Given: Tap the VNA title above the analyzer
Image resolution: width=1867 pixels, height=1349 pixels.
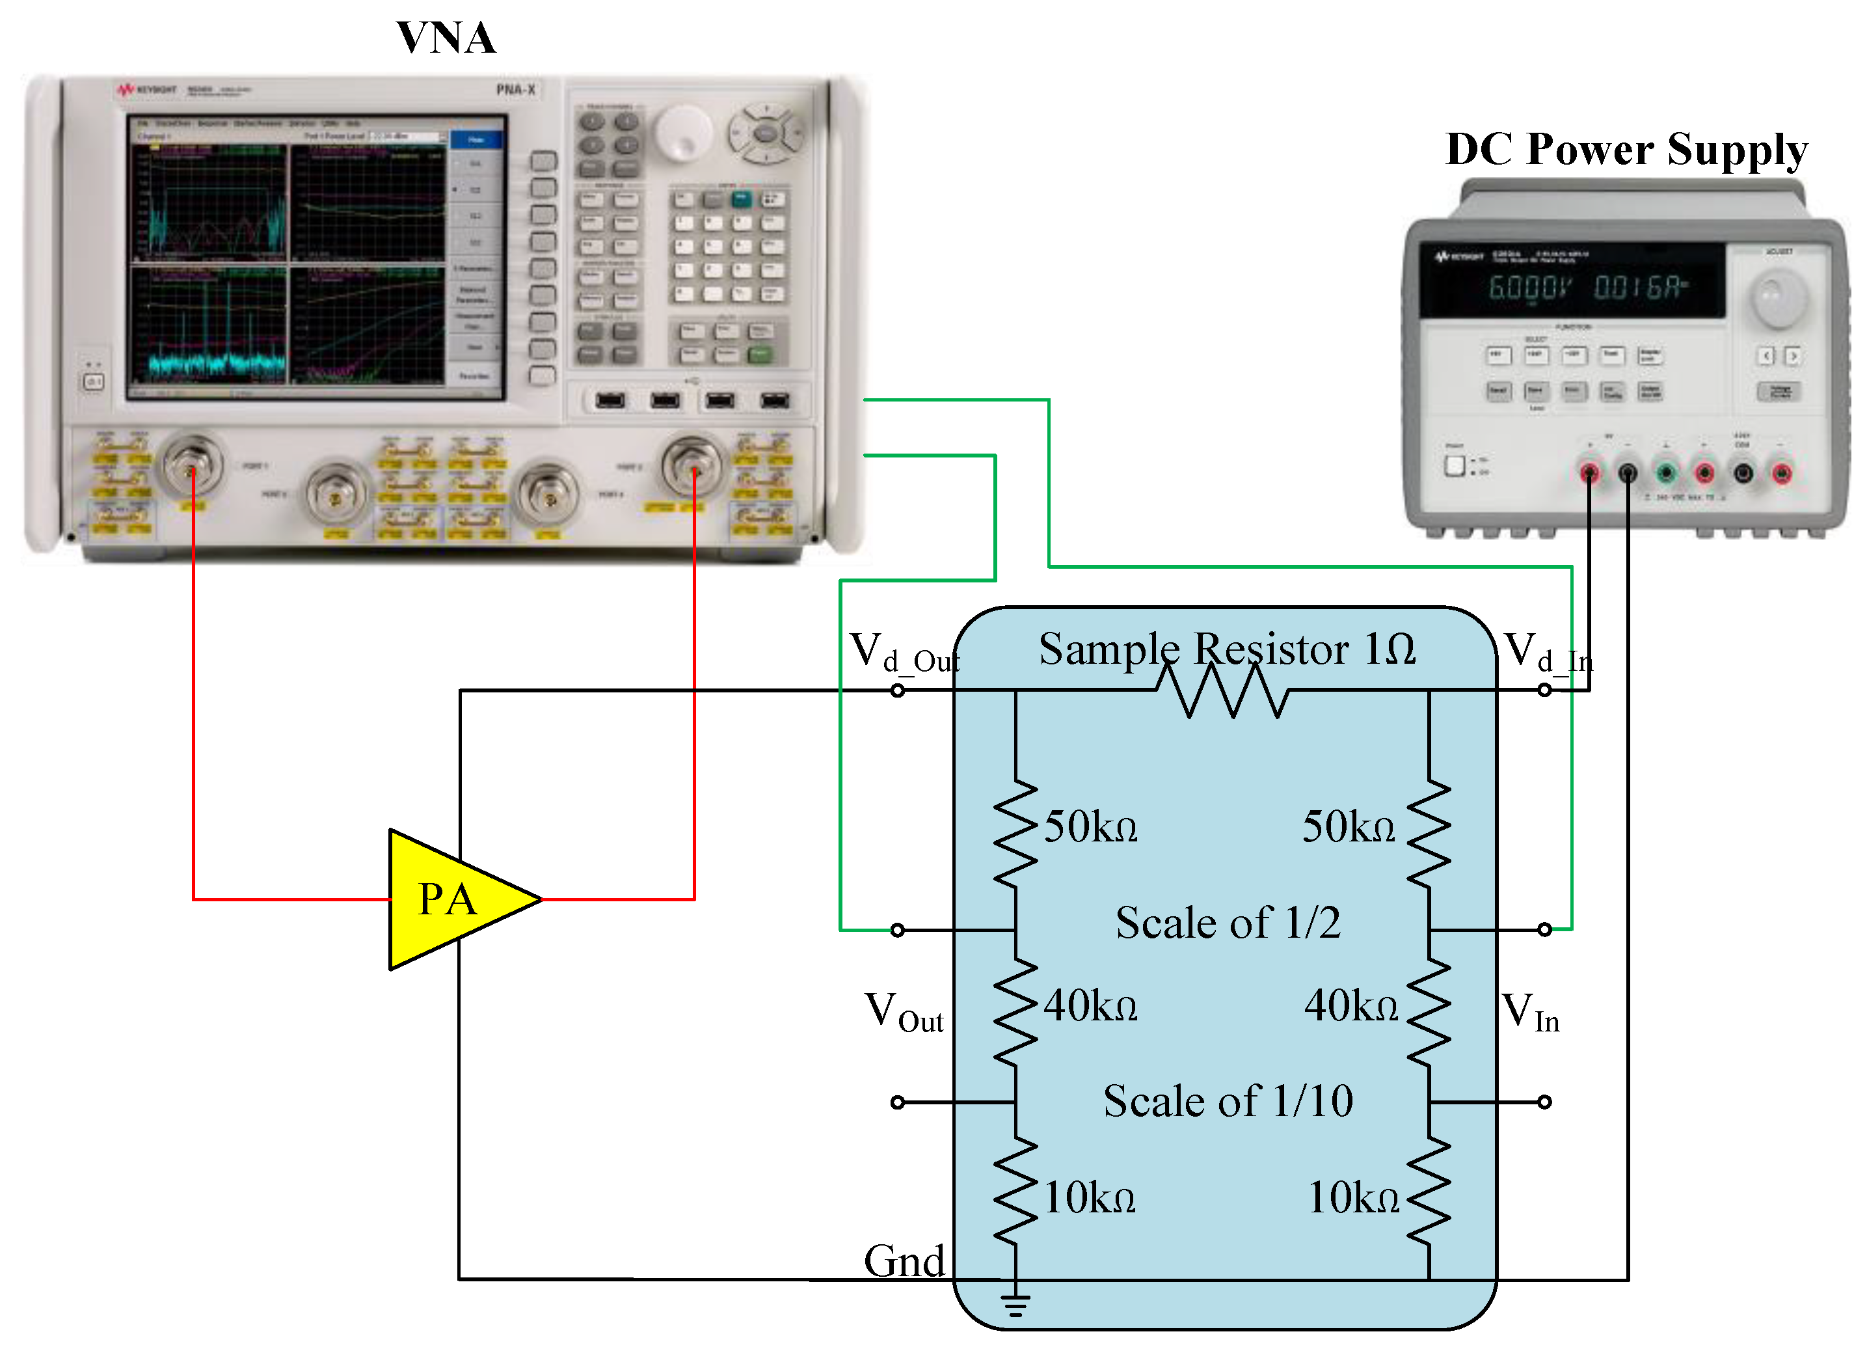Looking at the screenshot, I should coord(448,38).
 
